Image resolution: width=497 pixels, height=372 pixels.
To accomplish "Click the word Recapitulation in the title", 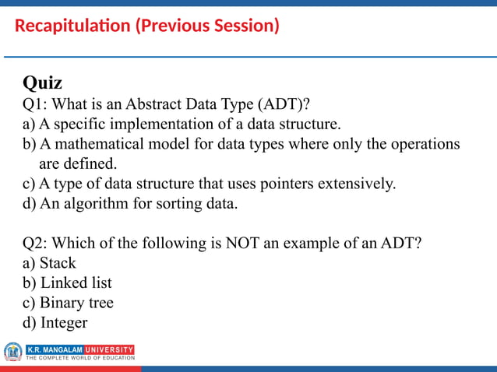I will click(73, 26).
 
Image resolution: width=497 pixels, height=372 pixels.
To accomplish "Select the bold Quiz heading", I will click(42, 82).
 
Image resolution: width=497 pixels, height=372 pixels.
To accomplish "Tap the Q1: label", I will click(35, 104).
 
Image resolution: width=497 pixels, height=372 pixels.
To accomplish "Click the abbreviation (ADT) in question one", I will click(289, 104).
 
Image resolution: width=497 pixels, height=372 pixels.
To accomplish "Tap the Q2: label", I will click(35, 244).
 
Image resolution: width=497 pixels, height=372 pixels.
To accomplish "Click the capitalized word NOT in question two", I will click(244, 244).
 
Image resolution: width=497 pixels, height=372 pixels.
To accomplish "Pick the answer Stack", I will click(58, 264).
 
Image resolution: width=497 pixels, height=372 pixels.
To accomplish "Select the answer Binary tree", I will click(76, 303).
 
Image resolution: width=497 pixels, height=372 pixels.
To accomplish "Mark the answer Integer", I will click(63, 323).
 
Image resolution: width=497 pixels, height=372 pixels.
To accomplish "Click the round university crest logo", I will click(12, 352).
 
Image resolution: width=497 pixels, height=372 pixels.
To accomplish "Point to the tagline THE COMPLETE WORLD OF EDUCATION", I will click(80, 358).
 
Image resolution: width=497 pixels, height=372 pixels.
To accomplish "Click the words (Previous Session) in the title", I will click(206, 26).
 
